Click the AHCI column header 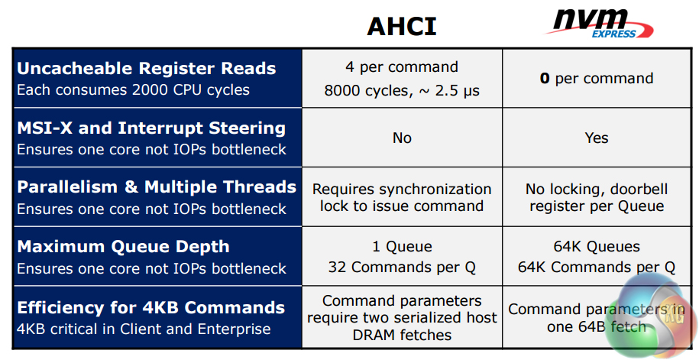401,26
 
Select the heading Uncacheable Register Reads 146,68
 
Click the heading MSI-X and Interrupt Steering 151,128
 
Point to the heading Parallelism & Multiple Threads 157,187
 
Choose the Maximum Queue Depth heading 123,247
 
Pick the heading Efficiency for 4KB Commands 150,308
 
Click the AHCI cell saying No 402,138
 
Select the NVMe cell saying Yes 597,138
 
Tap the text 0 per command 597,79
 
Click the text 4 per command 402,67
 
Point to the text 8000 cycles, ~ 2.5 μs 402,90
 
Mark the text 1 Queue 402,246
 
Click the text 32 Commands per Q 402,268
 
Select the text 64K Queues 597,246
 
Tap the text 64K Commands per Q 597,268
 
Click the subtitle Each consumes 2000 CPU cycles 133,90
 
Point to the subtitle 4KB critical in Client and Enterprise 144,329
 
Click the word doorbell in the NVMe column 639,189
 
